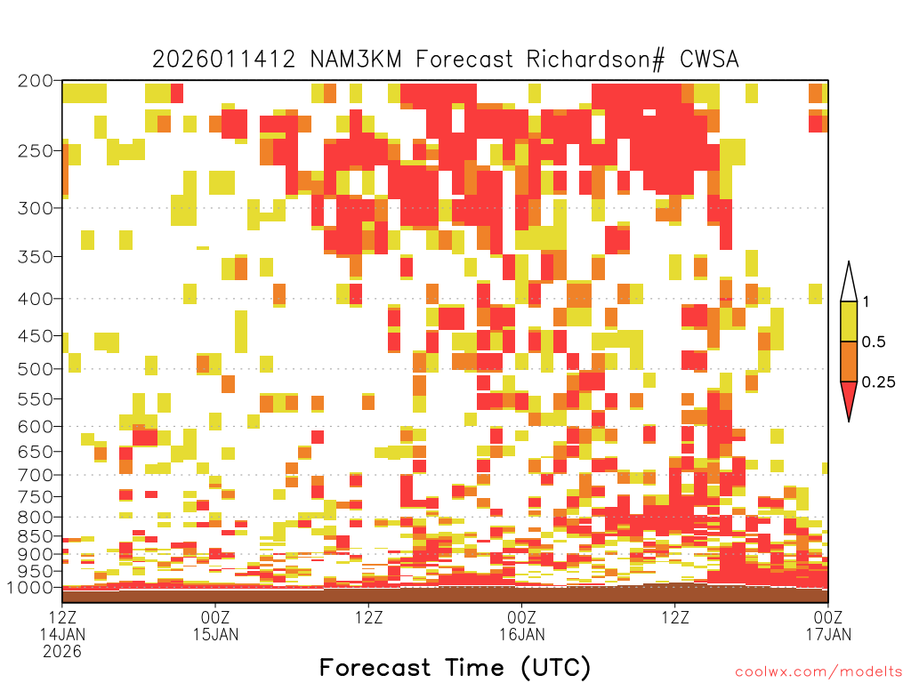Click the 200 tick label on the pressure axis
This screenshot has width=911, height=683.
[x=35, y=81]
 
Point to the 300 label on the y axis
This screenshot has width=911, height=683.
[x=35, y=208]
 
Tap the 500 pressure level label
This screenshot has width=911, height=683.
[x=35, y=369]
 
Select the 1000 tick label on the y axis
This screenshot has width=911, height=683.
[x=29, y=588]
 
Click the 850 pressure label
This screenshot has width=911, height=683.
[x=35, y=536]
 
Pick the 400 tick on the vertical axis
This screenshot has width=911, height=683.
[x=35, y=299]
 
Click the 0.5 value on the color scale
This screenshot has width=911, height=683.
[x=874, y=342]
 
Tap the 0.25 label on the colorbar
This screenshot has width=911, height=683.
[x=878, y=382]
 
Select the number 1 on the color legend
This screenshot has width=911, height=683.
[x=866, y=302]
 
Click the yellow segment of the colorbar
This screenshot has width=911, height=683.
[x=849, y=321]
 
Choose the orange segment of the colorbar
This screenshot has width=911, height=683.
[x=849, y=361]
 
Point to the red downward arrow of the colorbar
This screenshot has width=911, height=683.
[x=849, y=398]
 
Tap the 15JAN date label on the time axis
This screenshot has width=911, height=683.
[x=215, y=634]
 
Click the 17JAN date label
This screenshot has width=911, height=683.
[x=828, y=634]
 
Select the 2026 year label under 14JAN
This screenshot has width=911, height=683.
[x=62, y=652]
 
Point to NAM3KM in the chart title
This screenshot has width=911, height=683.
[x=356, y=60]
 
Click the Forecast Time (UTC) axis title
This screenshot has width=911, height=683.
[x=455, y=668]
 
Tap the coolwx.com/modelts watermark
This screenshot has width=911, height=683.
[x=818, y=672]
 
